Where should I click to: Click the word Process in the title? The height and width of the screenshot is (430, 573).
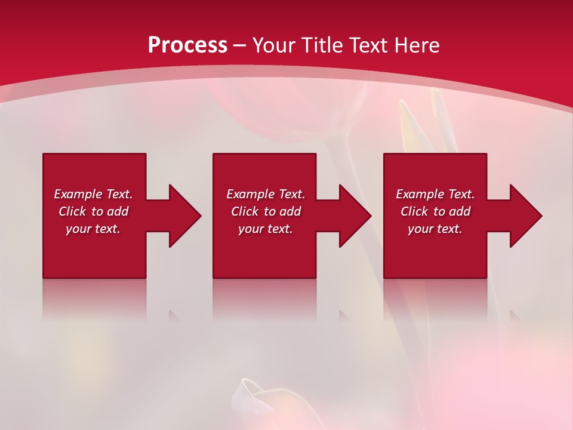(187, 45)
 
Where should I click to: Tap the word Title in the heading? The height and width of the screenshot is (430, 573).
(325, 45)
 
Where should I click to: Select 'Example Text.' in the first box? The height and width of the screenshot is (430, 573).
(93, 194)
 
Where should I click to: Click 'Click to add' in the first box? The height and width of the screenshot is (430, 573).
(93, 211)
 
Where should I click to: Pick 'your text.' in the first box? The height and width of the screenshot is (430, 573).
(93, 229)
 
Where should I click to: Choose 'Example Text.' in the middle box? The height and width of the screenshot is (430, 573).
(266, 194)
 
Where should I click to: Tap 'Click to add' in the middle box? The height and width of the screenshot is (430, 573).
(266, 211)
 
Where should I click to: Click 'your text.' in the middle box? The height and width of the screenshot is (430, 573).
(266, 229)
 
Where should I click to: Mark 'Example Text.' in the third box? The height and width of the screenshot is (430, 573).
(435, 194)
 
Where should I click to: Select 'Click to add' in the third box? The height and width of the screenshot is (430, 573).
(435, 211)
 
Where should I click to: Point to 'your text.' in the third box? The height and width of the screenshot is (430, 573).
(435, 229)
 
